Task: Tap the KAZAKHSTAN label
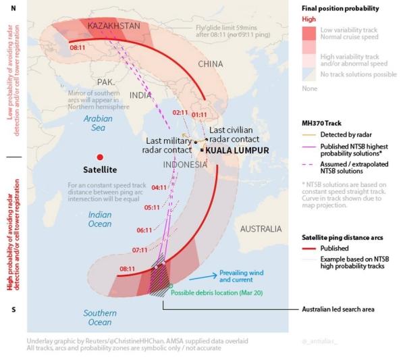113,26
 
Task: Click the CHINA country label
210,64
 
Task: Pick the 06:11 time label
144,230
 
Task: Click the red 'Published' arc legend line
308,248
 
